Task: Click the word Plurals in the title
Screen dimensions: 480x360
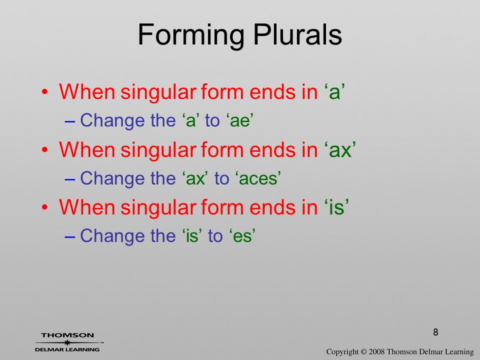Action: pos(297,34)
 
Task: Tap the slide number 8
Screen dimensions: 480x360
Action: pos(435,332)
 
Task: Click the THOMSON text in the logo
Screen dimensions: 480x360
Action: pos(67,335)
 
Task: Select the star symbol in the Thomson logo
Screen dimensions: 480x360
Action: pos(67,342)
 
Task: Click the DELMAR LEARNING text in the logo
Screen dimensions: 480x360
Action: pos(67,349)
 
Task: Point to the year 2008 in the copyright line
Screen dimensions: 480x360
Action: pos(376,351)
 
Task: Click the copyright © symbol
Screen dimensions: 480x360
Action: pos(363,351)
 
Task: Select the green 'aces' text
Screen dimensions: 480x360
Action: pos(258,178)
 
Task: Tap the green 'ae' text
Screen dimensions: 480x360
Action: pos(240,120)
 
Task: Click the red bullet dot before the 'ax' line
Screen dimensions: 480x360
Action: pos(45,149)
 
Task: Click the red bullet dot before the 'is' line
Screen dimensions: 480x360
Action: pos(45,207)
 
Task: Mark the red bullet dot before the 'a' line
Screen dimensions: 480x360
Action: pos(45,92)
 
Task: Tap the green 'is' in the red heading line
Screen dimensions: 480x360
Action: pos(336,207)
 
